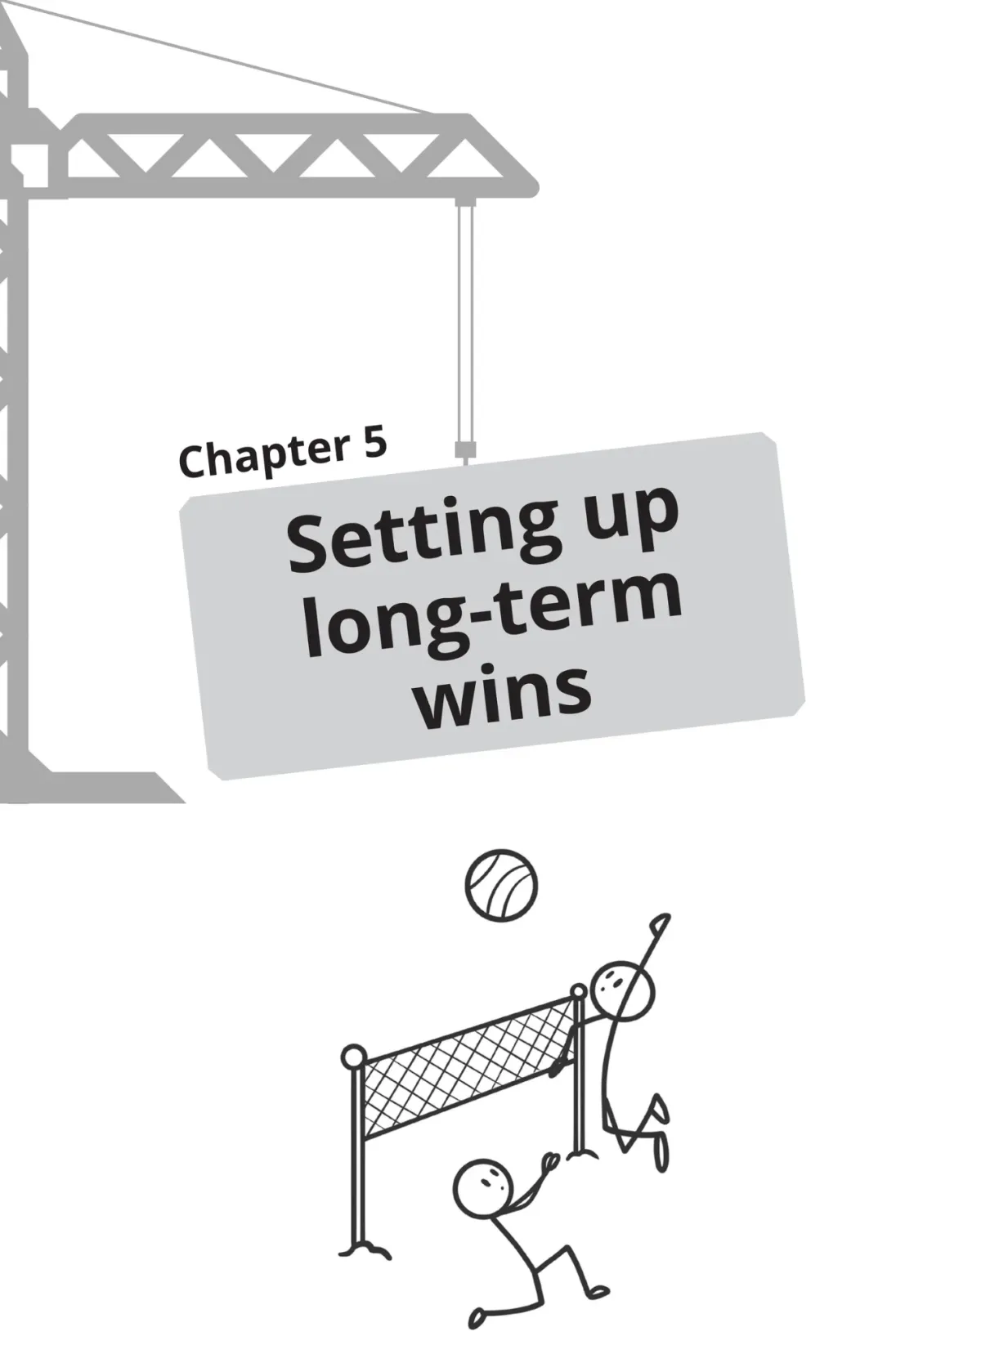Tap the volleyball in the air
[x=501, y=886]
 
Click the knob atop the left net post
[x=353, y=1057]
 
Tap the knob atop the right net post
[x=578, y=992]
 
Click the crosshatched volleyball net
[x=470, y=1066]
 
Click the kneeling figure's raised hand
[x=550, y=1161]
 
